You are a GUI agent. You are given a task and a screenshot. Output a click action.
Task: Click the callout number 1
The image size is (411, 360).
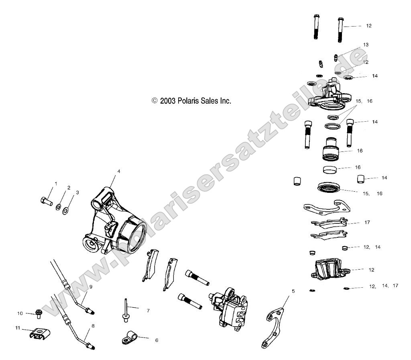click(x=56, y=184)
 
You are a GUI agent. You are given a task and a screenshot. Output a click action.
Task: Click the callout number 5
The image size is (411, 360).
click(x=293, y=290)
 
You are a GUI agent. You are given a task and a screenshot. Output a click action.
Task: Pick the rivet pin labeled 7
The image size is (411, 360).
click(x=126, y=310)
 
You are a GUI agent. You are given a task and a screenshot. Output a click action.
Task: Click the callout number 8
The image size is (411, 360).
click(x=93, y=326)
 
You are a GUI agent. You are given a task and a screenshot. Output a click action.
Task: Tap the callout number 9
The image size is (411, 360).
click(x=91, y=287)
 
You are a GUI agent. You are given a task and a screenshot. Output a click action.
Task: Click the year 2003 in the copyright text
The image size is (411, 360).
click(x=168, y=101)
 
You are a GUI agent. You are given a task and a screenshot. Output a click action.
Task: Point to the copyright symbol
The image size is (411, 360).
click(x=155, y=101)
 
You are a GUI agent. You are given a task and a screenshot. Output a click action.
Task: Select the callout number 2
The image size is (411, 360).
click(x=69, y=188)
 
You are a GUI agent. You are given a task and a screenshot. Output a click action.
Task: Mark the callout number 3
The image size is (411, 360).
click(x=77, y=192)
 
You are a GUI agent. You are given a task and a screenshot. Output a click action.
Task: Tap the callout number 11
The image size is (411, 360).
click(x=18, y=328)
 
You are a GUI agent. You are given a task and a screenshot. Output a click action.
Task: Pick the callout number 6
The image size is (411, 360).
click(x=157, y=340)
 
